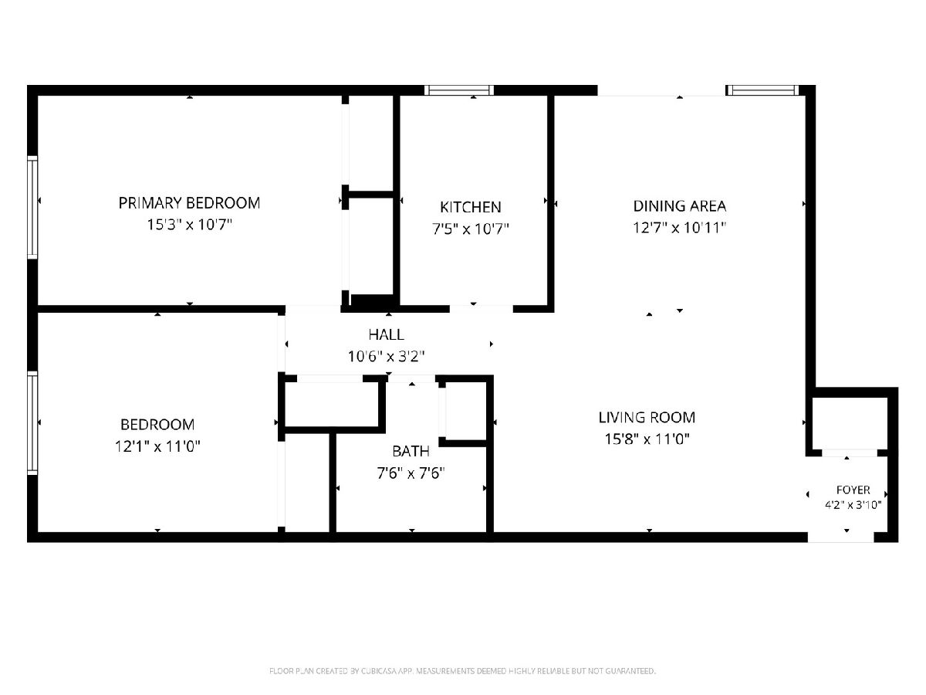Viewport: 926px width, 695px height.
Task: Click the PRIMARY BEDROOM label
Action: click(x=189, y=203)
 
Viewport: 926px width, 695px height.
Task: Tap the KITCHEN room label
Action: click(x=471, y=207)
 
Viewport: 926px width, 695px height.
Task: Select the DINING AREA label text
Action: click(x=680, y=206)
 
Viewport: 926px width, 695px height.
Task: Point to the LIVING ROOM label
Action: click(x=647, y=417)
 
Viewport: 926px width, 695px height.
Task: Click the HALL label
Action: click(x=386, y=334)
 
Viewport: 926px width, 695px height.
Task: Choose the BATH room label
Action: click(x=411, y=451)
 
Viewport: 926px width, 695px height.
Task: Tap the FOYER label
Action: click(x=853, y=490)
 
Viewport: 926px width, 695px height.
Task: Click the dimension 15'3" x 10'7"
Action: click(x=189, y=225)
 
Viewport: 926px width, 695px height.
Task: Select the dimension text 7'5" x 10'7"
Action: click(x=471, y=229)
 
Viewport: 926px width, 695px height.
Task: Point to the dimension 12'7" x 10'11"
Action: click(x=679, y=228)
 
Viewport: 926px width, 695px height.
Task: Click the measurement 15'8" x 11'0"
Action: click(x=647, y=439)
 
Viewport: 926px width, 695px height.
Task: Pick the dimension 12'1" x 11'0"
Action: click(x=157, y=446)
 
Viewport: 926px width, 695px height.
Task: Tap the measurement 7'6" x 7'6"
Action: click(x=411, y=473)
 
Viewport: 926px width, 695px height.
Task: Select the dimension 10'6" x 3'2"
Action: click(x=386, y=357)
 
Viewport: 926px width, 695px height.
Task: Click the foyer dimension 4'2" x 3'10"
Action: click(x=853, y=505)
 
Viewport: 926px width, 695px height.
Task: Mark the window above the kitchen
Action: click(x=459, y=90)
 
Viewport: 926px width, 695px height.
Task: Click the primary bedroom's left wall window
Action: click(x=32, y=207)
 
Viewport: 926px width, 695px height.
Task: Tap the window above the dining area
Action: click(x=762, y=90)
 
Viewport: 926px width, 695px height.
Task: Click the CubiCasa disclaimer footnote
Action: click(x=462, y=671)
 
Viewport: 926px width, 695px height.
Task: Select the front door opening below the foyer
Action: click(x=841, y=537)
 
